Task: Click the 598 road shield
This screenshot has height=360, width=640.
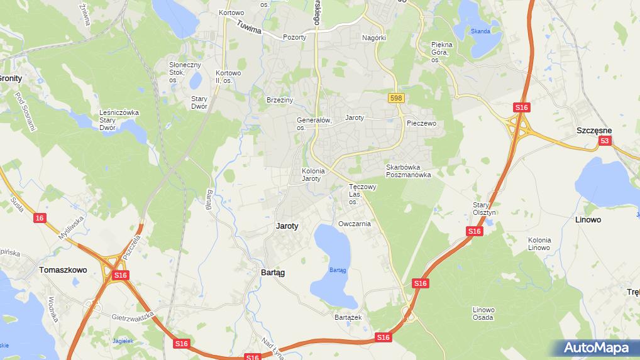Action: pyautogui.click(x=395, y=98)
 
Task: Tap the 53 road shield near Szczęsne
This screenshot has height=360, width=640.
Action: pyautogui.click(x=604, y=141)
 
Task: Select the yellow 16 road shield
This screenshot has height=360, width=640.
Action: pyautogui.click(x=40, y=218)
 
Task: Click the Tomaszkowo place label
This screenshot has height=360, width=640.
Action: pyautogui.click(x=63, y=270)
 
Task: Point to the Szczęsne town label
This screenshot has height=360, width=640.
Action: pyautogui.click(x=594, y=130)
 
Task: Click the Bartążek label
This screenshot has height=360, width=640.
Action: pyautogui.click(x=348, y=317)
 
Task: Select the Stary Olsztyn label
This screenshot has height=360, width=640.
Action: pyautogui.click(x=485, y=209)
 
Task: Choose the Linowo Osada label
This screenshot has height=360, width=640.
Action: pyautogui.click(x=483, y=314)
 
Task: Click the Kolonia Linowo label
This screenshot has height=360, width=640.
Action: pyautogui.click(x=539, y=244)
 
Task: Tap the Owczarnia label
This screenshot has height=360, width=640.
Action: pyautogui.click(x=354, y=224)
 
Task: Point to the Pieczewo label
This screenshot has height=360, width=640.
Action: pyautogui.click(x=421, y=124)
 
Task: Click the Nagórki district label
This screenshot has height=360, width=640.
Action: pyautogui.click(x=373, y=38)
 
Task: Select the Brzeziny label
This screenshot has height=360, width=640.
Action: pyautogui.click(x=280, y=100)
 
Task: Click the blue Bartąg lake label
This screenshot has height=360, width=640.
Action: pyautogui.click(x=338, y=270)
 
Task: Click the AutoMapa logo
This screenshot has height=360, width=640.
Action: pyautogui.click(x=596, y=347)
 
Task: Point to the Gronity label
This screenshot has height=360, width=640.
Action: pyautogui.click(x=10, y=79)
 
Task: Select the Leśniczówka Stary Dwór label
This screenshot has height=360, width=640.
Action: pyautogui.click(x=119, y=120)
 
